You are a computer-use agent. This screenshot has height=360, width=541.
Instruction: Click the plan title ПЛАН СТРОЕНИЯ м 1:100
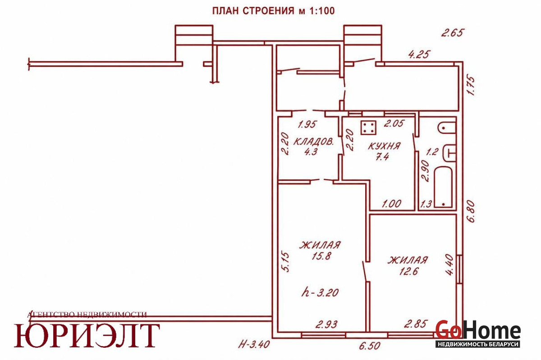[273, 11]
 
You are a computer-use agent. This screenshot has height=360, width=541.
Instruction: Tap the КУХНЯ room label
[384, 146]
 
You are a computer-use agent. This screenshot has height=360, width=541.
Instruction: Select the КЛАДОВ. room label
[313, 141]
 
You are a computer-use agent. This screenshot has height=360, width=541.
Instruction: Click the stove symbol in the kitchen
[369, 127]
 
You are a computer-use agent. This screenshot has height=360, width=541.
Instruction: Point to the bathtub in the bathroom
[443, 187]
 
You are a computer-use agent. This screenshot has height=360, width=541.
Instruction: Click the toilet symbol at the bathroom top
[447, 128]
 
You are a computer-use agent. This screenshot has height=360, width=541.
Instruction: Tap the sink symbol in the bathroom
[450, 153]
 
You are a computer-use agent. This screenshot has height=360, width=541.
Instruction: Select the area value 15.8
[321, 256]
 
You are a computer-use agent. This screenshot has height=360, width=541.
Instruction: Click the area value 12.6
[408, 271]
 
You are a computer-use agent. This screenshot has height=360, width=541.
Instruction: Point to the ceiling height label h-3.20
[320, 292]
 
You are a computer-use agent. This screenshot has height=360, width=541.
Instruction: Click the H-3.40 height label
[254, 344]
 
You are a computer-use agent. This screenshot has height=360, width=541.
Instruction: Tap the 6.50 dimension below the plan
[370, 346]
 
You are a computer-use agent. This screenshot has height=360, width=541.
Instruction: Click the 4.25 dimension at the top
[419, 55]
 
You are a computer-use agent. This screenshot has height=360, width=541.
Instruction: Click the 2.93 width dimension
[326, 324]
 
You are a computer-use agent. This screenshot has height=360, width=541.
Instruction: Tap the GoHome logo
[478, 333]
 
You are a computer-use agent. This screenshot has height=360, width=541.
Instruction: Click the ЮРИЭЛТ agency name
[87, 335]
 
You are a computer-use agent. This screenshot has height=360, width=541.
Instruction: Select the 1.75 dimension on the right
[471, 86]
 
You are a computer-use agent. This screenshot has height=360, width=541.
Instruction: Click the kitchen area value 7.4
[383, 157]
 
